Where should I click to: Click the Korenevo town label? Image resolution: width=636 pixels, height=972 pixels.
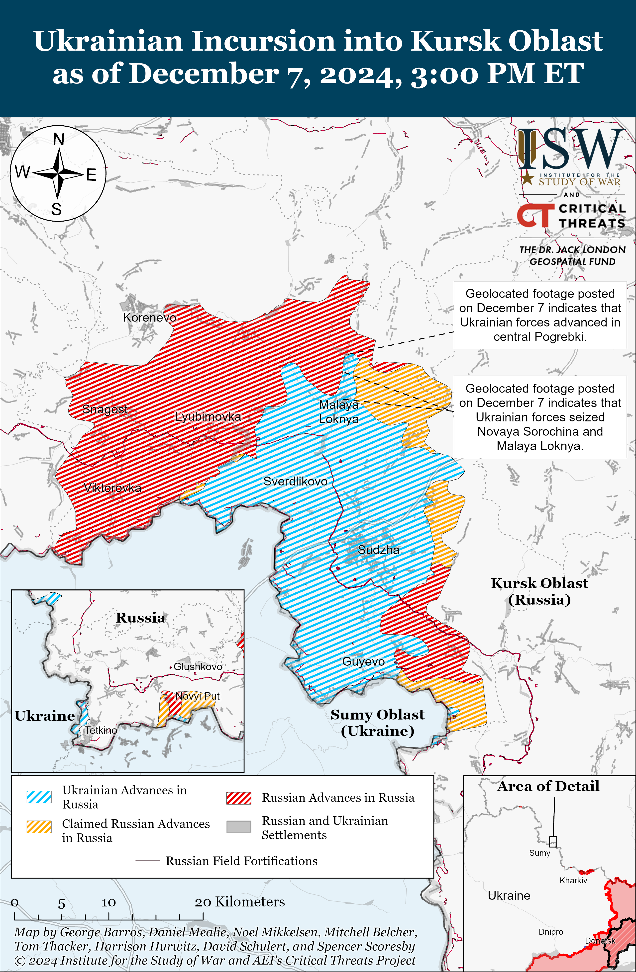point(150,317)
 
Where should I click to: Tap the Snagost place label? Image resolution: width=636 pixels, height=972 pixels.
point(105,409)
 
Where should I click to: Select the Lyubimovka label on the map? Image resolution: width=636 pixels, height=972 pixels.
point(208,416)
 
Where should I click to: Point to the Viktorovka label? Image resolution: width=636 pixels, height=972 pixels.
point(112,488)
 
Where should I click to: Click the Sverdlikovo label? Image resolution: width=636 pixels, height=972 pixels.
point(295,481)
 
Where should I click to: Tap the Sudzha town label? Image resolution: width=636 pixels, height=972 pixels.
point(379,550)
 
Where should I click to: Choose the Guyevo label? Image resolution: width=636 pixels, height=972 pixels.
point(363,661)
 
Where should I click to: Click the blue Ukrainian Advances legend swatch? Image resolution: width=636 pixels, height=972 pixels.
point(39,797)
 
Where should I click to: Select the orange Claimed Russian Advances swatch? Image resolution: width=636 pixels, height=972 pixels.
point(39,826)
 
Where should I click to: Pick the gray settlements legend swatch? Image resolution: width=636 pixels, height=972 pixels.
point(239,826)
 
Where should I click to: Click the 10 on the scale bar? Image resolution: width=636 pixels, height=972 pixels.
point(109,902)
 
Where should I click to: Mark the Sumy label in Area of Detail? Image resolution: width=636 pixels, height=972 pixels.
point(539,853)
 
